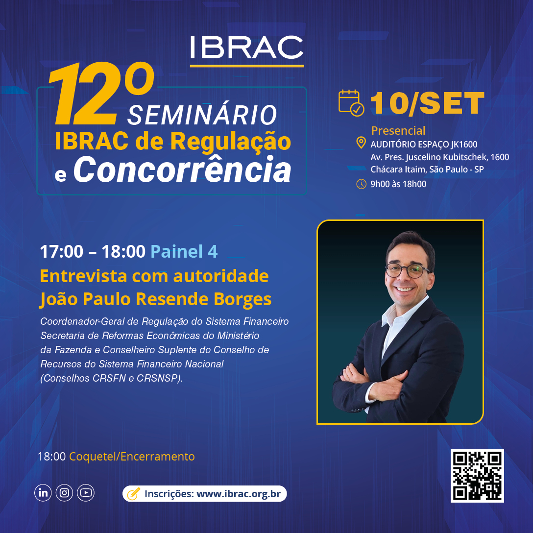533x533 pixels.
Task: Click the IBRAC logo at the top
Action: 247,50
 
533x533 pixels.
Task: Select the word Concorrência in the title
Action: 183,170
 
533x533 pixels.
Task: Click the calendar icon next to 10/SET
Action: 351,103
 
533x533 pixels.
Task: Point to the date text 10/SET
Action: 427,103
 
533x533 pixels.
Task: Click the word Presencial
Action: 398,130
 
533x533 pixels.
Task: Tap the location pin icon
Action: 361,143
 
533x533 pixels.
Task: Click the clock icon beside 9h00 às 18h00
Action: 361,184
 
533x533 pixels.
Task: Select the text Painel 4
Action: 184,251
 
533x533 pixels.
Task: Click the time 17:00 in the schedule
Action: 62,251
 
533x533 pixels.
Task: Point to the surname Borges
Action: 242,299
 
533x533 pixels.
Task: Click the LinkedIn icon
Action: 43,492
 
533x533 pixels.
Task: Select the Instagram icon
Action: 64,492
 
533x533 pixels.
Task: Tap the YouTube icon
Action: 86,492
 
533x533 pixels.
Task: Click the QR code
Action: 477,476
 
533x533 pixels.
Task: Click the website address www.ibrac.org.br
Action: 239,494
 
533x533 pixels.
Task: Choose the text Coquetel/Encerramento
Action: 132,457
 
